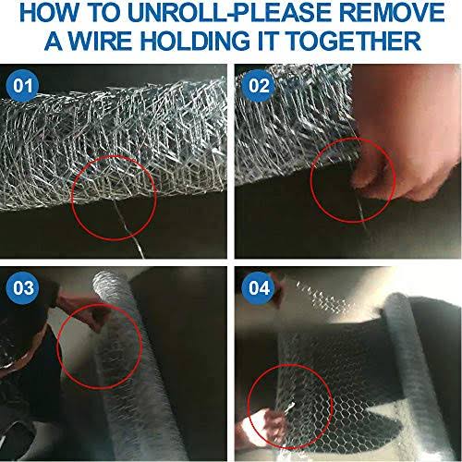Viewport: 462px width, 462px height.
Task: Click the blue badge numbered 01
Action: (23, 86)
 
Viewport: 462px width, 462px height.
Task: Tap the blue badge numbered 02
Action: (259, 86)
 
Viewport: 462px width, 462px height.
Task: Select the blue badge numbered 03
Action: (23, 288)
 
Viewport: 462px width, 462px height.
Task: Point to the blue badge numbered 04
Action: (259, 288)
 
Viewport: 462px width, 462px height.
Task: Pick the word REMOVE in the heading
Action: (393, 13)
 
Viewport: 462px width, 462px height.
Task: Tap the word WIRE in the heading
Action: (100, 41)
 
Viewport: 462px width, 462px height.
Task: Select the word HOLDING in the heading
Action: (195, 41)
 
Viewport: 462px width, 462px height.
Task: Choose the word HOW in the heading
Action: (49, 13)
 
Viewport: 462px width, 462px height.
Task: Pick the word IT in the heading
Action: (269, 41)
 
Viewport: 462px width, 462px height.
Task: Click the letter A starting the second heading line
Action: (55, 41)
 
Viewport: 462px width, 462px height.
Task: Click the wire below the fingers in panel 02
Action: (360, 210)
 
